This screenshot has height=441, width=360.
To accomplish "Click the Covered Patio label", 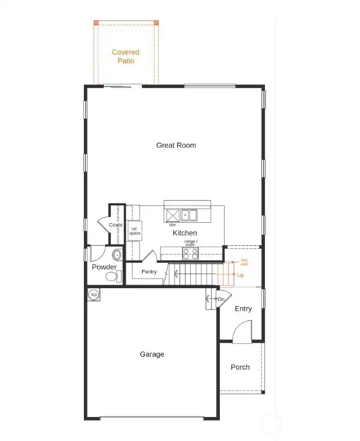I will [x=125, y=56].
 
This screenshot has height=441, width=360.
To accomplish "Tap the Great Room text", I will [x=176, y=145].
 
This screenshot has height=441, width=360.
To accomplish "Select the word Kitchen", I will [x=185, y=233].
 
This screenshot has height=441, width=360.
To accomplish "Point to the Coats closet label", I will [x=116, y=225].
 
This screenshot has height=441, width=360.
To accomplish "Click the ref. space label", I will [x=134, y=231].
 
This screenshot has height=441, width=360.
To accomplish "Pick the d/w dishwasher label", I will [x=172, y=225].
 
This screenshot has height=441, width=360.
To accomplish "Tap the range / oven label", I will [x=190, y=243].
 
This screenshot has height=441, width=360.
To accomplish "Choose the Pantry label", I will [x=149, y=272].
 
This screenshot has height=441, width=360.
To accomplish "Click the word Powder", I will [x=104, y=267].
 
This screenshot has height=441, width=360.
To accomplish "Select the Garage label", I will [x=152, y=354].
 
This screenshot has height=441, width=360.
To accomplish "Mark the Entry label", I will [x=243, y=309].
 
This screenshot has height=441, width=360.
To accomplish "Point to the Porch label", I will [x=240, y=367].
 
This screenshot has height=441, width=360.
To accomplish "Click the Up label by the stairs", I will [x=240, y=275].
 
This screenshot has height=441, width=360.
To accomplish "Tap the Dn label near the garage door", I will [x=221, y=299].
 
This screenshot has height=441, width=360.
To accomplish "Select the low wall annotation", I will [x=244, y=262].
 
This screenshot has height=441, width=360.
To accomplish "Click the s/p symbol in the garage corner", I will [x=94, y=295].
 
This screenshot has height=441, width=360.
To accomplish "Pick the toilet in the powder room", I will [x=112, y=276].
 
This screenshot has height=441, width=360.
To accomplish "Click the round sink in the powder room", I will [x=117, y=254].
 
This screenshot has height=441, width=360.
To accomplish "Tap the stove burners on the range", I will [x=190, y=253].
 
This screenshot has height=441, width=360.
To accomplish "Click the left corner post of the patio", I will [x=96, y=23].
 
